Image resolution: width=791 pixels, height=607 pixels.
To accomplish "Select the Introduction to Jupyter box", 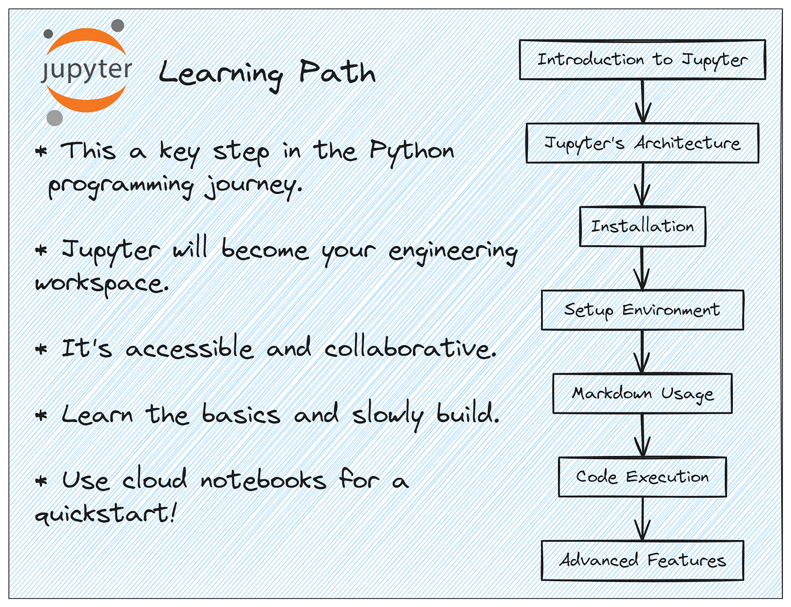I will coord(642,60).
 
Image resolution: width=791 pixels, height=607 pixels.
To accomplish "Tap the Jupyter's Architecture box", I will coord(642,143).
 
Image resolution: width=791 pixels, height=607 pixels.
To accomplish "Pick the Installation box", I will coord(642,226).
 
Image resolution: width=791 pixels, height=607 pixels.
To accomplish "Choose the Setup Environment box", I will coord(642,310).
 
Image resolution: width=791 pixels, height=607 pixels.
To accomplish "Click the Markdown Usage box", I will coord(642,393).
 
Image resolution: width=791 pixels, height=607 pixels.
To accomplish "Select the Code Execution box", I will coord(642,477).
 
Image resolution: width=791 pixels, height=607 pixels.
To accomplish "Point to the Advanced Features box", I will coord(642,560).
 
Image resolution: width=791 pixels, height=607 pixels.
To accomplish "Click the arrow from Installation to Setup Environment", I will coord(642,268).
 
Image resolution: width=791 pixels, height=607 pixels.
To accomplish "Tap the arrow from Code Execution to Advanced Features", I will coord(642,519).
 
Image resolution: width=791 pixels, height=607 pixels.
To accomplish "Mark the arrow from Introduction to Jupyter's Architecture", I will coord(643,102).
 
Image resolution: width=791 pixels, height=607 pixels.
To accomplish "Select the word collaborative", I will coord(410,348).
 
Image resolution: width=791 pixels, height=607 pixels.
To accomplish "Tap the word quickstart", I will coord(105,513).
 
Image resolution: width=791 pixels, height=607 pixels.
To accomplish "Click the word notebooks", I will coord(263,480).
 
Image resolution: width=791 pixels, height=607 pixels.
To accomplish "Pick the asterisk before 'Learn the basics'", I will coord(41,416).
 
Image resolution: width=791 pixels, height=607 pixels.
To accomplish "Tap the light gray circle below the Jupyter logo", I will coord(54,117).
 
